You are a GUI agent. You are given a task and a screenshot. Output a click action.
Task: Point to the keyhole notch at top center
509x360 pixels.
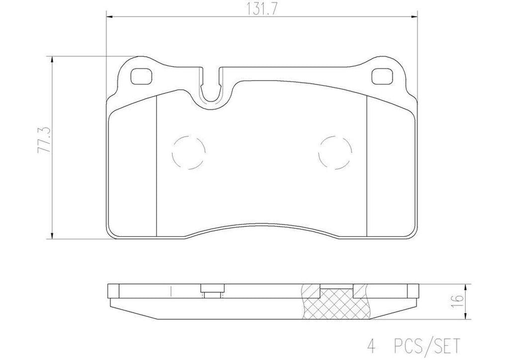[x=211, y=90]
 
